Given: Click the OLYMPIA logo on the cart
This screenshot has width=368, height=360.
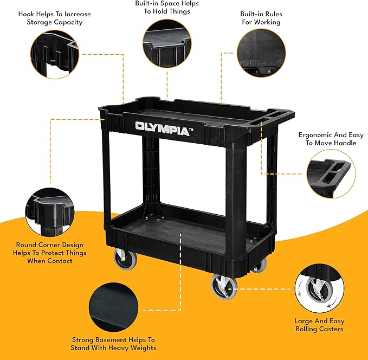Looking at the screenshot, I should point(162,129).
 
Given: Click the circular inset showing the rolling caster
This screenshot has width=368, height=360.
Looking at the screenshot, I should point(319,289).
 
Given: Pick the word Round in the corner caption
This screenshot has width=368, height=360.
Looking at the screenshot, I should point(27,245).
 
